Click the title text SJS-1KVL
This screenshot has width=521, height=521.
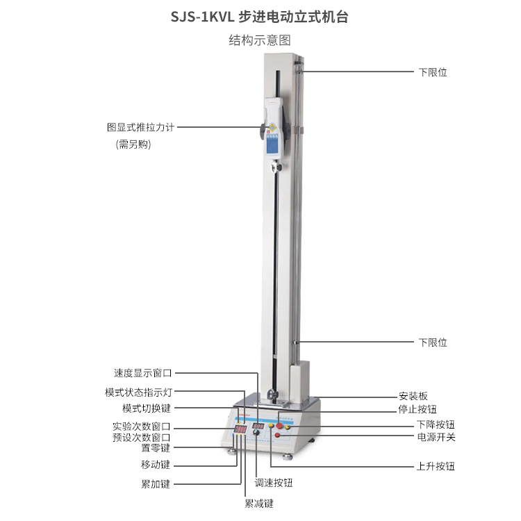203,17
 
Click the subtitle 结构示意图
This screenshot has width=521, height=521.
260,40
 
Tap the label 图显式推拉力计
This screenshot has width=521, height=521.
140,127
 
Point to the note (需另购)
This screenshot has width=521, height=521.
133,144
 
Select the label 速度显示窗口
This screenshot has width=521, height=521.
143,373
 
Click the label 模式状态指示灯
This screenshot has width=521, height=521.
138,392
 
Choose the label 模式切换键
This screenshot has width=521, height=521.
147,408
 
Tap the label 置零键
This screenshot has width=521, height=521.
156,448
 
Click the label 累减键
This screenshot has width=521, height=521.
259,504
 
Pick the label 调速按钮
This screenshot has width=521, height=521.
274,483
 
